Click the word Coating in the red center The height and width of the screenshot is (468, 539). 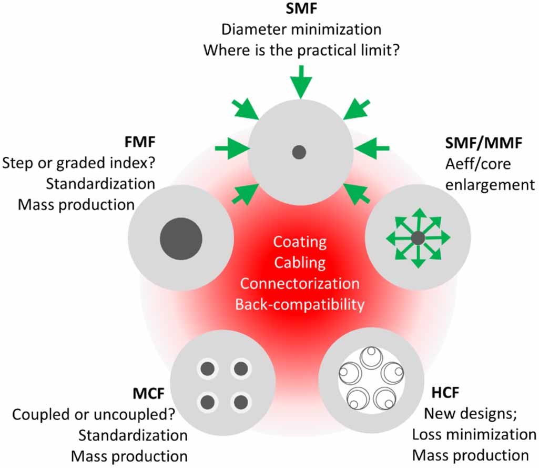click(300, 243)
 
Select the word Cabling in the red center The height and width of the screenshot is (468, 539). click(300, 263)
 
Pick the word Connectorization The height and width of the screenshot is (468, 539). click(300, 283)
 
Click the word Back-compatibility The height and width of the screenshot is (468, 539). click(300, 304)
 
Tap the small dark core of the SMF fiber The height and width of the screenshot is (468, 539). click(299, 153)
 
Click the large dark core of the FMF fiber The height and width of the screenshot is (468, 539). click(181, 239)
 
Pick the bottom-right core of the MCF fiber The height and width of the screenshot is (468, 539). click(241, 403)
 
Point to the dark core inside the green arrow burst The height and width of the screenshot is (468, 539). click(418, 238)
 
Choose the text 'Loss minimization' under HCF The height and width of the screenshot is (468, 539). click(474, 434)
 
